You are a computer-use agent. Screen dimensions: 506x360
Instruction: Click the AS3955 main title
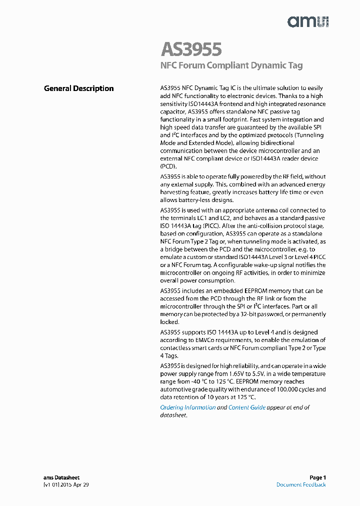[x=191, y=49]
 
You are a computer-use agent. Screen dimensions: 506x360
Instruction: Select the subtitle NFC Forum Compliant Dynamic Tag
[x=231, y=65]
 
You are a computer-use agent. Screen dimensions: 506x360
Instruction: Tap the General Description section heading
[x=78, y=88]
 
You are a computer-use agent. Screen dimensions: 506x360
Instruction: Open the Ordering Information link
[x=187, y=407]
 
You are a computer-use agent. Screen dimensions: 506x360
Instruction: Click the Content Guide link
[x=246, y=407]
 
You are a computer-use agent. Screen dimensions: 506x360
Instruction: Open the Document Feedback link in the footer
[x=301, y=485]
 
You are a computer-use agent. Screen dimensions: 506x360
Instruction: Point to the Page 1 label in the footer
[x=317, y=477]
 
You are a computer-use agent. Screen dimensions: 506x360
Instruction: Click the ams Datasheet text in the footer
[x=61, y=477]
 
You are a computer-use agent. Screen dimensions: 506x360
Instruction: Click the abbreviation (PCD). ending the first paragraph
[x=168, y=166]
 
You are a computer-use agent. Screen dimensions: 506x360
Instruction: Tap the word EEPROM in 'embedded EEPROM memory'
[x=258, y=291]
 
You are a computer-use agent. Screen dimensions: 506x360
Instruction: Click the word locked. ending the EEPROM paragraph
[x=169, y=322]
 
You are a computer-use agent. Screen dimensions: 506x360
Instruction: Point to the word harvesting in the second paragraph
[x=176, y=192]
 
